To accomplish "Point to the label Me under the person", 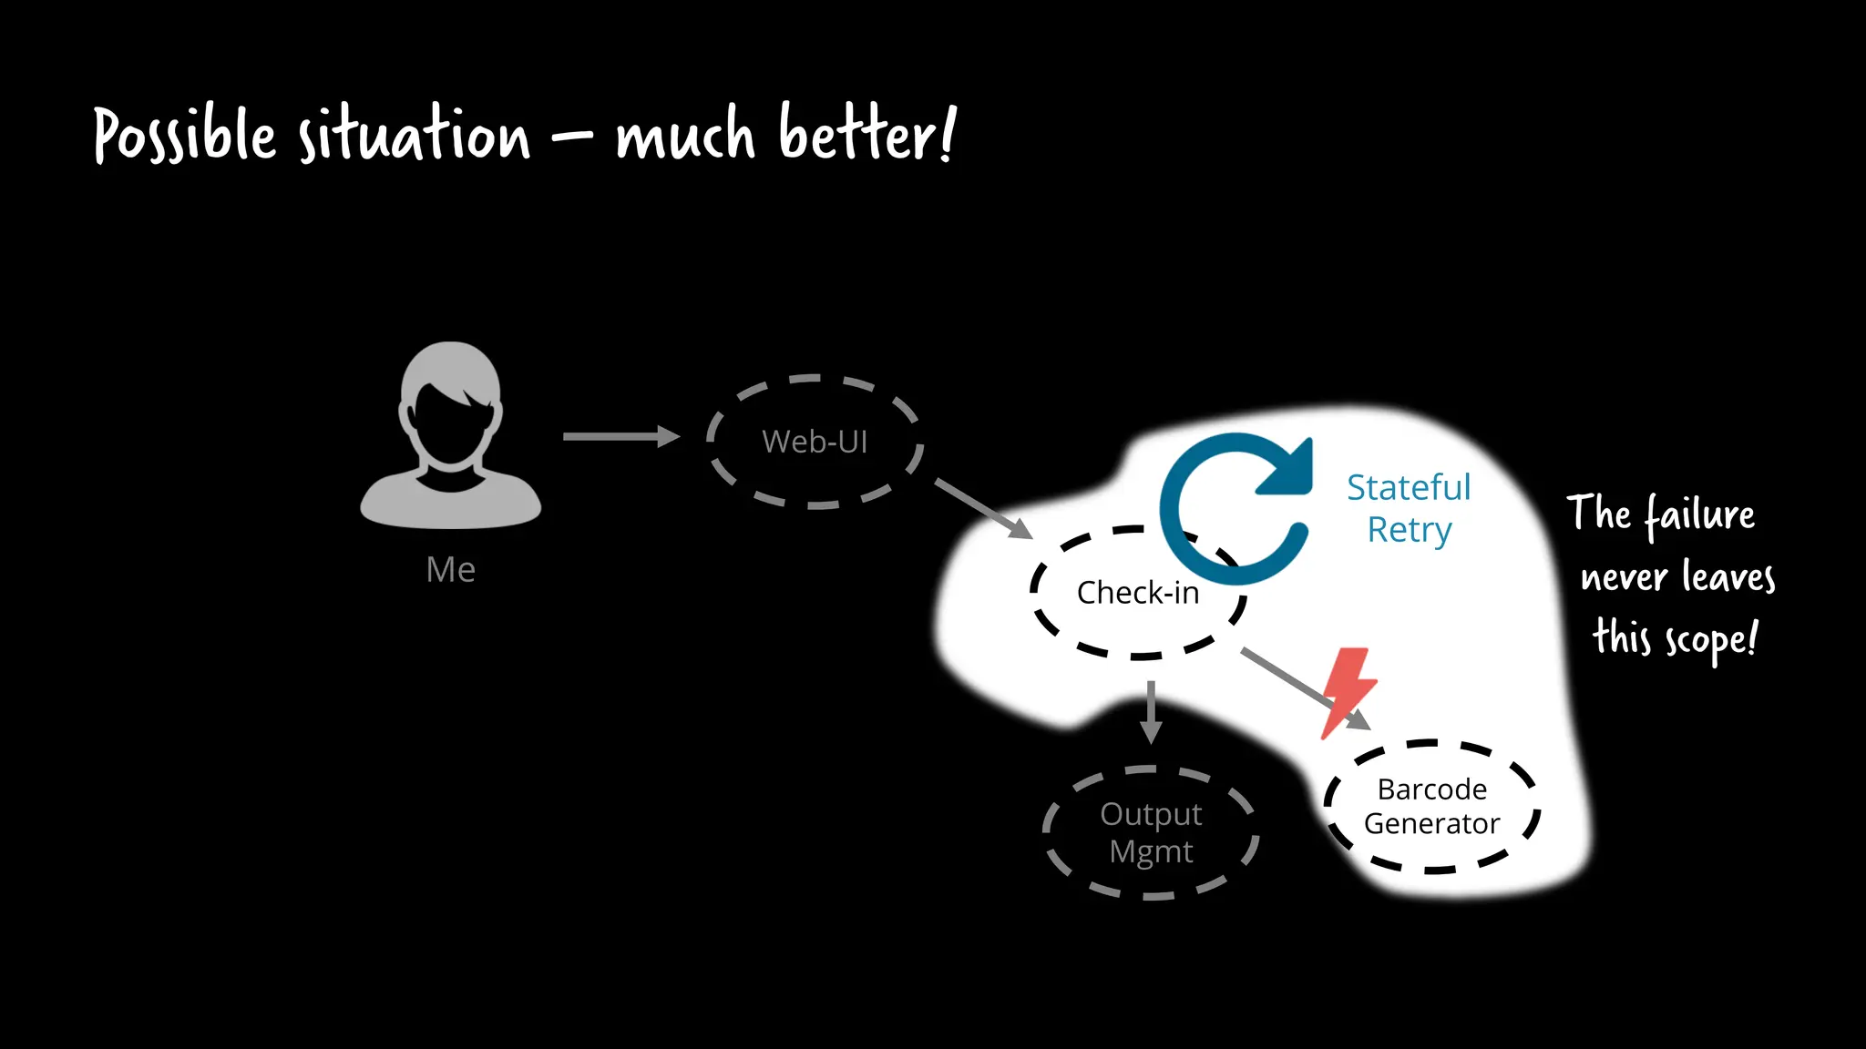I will coord(450,570).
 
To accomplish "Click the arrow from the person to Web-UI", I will coord(620,437).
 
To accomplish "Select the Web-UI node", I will coord(815,442).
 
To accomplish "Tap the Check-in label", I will coord(1137,593).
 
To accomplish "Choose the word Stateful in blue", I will coord(1409,488).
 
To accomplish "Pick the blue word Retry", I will coord(1409,530).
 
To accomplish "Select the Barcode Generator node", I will coord(1431,807).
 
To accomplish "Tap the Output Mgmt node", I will coord(1151,832).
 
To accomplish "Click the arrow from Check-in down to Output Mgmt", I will coord(1151,711).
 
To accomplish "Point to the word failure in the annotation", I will coord(1699,514).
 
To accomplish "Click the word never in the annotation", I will coord(1624,577).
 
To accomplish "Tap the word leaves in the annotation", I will coord(1728,577).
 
